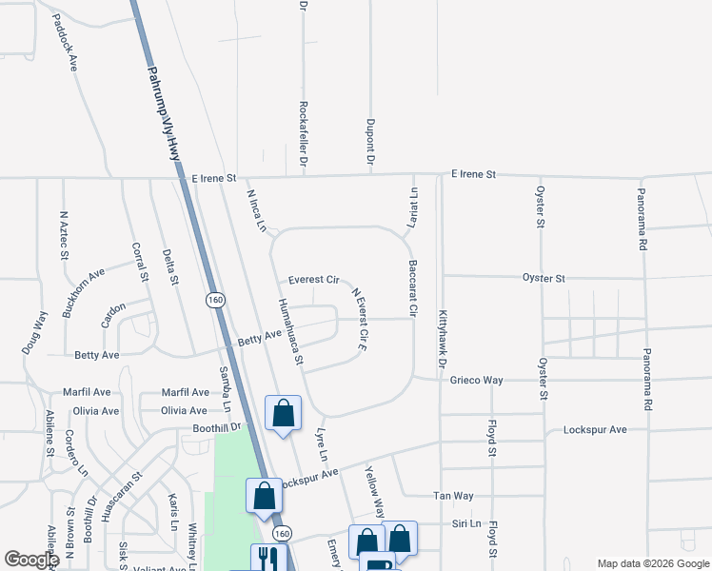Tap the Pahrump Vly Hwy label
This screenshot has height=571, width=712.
163,113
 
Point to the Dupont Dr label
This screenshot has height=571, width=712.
369,141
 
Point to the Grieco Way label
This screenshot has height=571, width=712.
476,380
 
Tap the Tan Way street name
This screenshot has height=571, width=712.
453,496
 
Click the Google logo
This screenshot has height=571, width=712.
31,560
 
